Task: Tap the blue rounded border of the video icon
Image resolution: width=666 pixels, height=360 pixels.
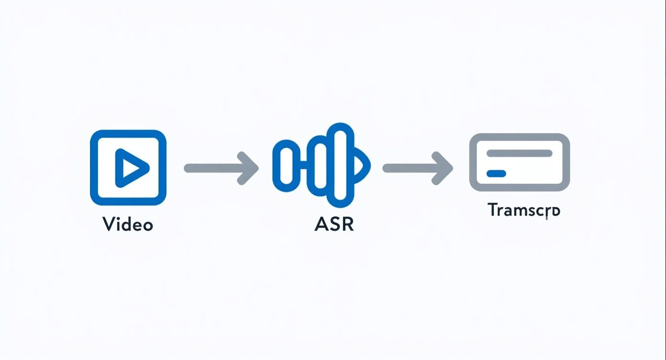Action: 94,168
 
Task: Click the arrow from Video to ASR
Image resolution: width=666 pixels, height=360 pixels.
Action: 220,168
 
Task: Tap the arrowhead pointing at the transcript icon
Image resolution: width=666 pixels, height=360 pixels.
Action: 442,168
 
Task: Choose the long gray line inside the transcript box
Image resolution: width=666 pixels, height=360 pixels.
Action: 519,153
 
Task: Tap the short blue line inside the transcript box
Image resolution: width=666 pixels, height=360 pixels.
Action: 496,173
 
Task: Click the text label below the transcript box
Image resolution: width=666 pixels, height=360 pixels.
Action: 523,210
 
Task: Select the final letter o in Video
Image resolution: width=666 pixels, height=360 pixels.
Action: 147,225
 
